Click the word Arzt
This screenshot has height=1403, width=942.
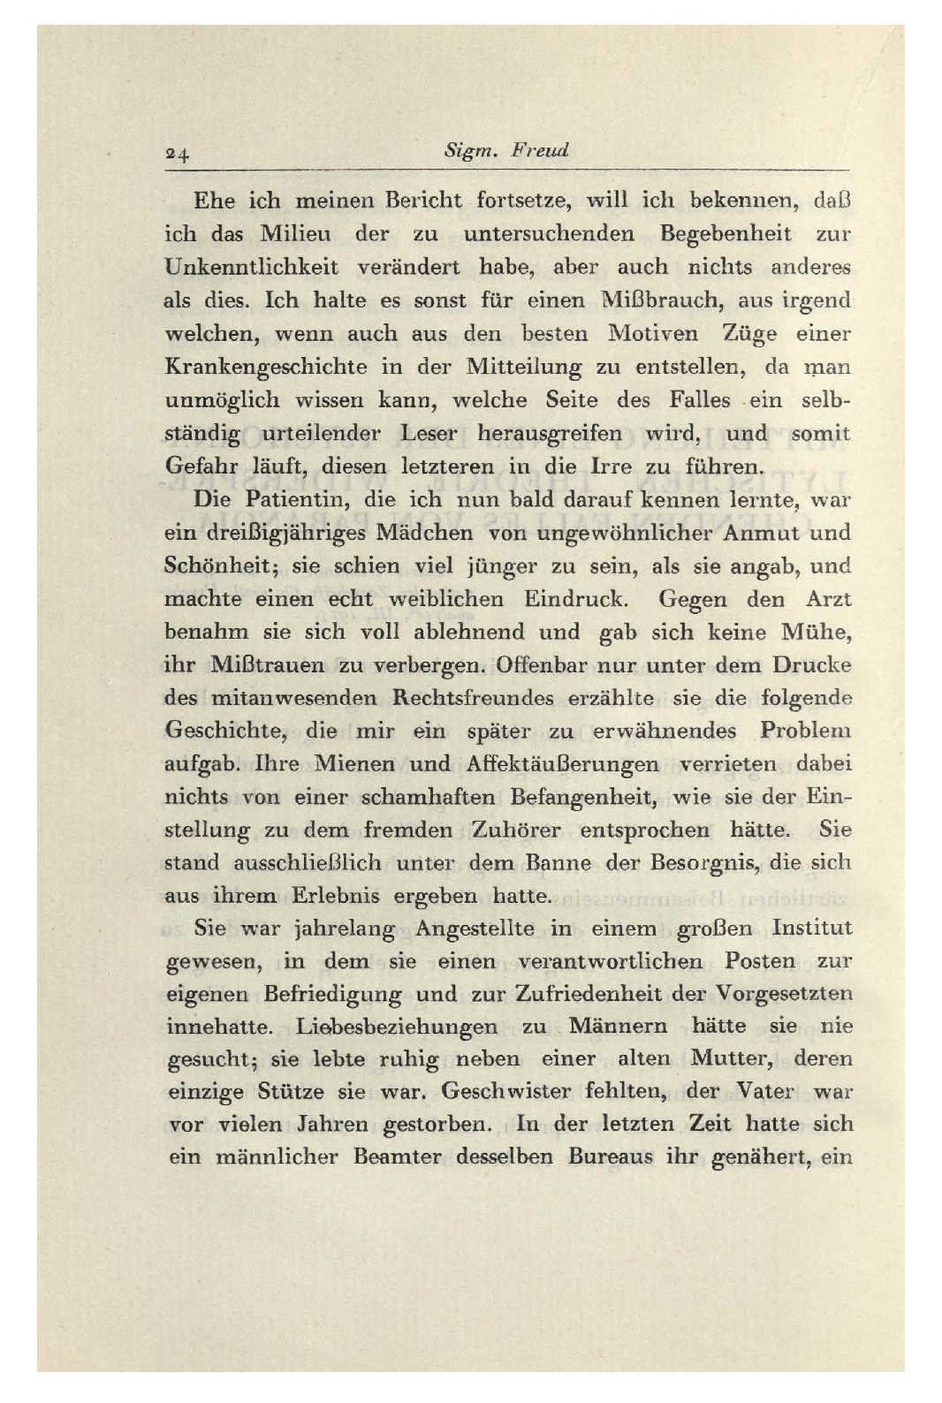(828, 599)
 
